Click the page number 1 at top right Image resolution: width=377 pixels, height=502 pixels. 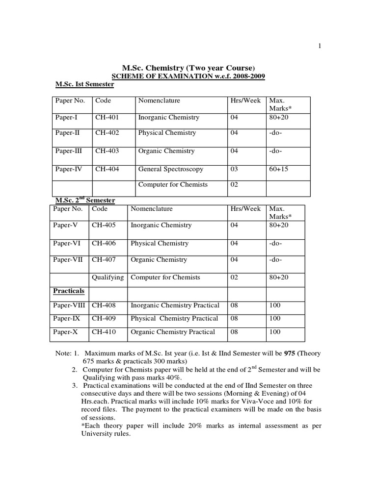[320, 46]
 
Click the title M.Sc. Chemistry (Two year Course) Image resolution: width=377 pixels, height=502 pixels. [188, 67]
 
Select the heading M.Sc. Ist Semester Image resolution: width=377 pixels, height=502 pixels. [84, 84]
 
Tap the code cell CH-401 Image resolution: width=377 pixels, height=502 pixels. [107, 118]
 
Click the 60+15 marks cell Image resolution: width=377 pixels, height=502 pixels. [277, 169]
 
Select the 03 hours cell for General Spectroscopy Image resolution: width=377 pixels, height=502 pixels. [234, 169]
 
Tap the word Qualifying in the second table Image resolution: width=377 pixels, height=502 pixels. [108, 277]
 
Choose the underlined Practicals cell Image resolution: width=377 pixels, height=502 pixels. [69, 291]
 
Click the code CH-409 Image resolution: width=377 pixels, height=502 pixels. [104, 319]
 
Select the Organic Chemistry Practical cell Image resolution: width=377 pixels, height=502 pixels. [173, 332]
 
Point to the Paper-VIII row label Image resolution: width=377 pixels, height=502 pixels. [70, 305]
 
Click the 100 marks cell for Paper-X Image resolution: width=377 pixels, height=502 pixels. [275, 332]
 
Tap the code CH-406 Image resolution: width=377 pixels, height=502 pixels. [104, 243]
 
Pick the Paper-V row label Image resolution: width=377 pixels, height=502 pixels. [65, 226]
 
